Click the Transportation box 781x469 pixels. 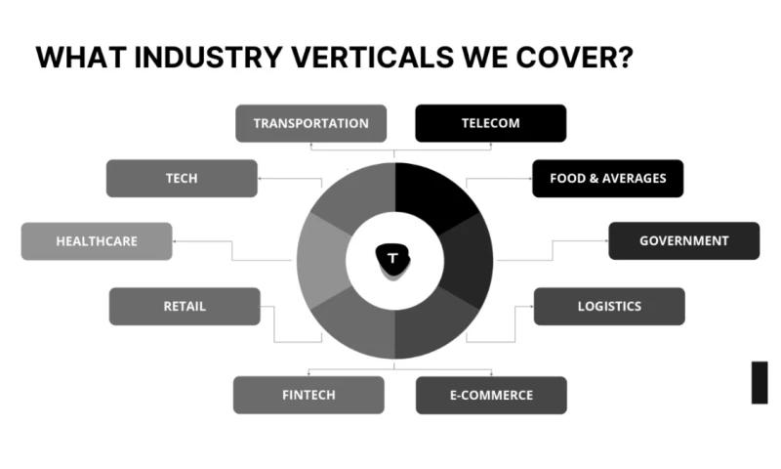point(310,123)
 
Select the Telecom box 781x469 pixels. point(490,123)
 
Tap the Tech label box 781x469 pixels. point(182,178)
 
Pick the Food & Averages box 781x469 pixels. point(607,178)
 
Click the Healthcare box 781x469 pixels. point(97,240)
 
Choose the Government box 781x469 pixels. point(683,240)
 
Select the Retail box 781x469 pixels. point(185,306)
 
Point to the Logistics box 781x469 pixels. point(609,306)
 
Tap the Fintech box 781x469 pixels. point(308,395)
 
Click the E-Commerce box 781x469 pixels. point(490,395)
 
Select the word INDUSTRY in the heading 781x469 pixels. point(194,58)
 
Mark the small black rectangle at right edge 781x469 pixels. point(759,382)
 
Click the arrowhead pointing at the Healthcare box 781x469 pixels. point(177,240)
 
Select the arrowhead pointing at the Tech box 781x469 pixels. point(262,179)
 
